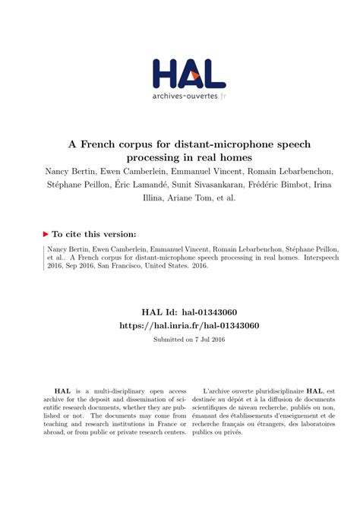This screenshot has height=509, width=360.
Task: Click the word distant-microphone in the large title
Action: click(x=218, y=144)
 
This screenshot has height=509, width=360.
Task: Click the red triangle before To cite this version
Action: click(x=47, y=235)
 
